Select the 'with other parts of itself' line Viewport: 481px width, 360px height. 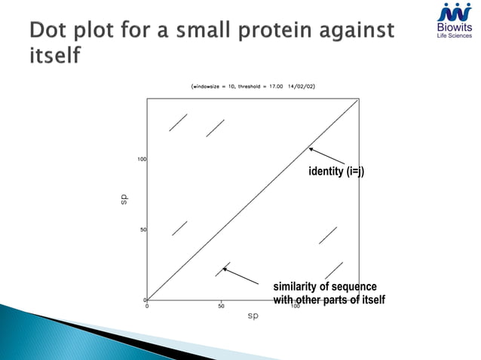pyautogui.click(x=329, y=301)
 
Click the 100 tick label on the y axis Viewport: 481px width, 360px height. pyautogui.click(x=141, y=159)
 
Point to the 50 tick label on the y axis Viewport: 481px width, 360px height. pyautogui.click(x=142, y=230)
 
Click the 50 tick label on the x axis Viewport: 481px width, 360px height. pyautogui.click(x=221, y=307)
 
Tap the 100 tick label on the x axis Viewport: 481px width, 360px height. pyautogui.click(x=296, y=307)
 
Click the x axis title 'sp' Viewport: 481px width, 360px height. pyautogui.click(x=253, y=317)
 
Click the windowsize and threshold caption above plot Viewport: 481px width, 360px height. pyautogui.click(x=253, y=87)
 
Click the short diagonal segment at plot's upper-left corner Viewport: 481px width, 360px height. pyautogui.click(x=178, y=122)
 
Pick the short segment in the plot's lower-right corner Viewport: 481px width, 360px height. pyautogui.click(x=333, y=270)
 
